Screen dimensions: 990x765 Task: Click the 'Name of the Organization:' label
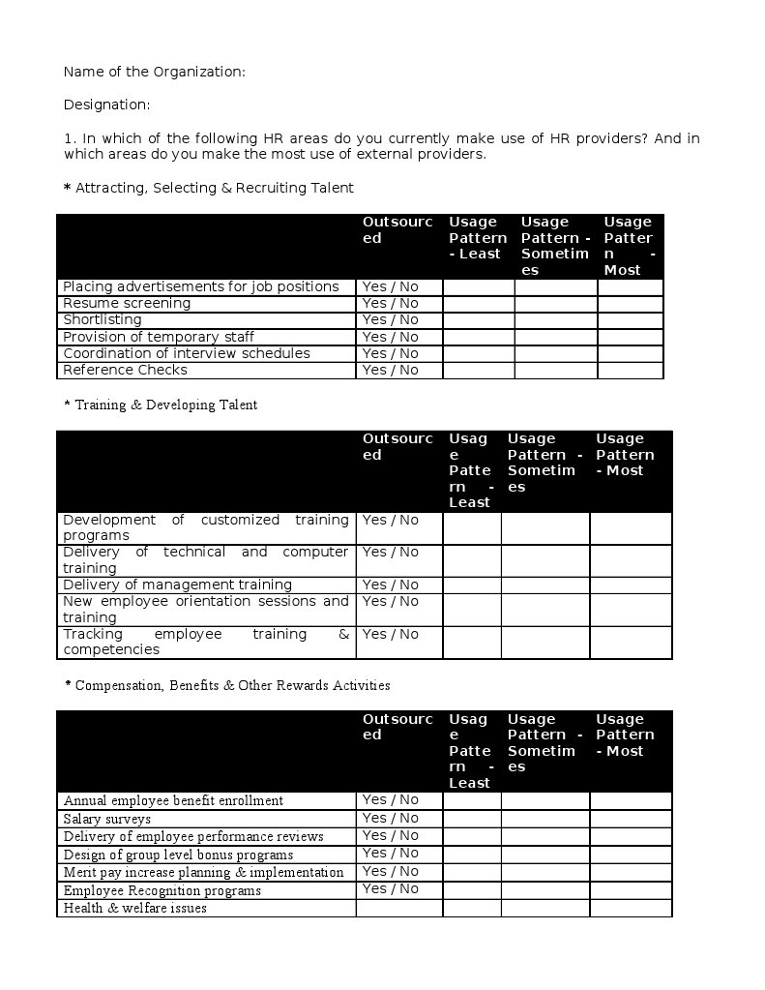tap(154, 72)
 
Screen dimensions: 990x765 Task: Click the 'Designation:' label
tap(106, 105)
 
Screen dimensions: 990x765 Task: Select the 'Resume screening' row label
tap(127, 304)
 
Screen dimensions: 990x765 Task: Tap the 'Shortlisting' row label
tap(103, 320)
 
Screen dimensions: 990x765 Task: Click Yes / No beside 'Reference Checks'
tap(391, 371)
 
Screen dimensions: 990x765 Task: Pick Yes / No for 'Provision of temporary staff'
tap(391, 337)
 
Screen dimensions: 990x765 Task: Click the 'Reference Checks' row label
tap(125, 371)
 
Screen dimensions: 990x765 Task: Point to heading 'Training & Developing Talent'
tap(165, 405)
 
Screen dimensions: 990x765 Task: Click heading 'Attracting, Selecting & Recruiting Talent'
tap(214, 188)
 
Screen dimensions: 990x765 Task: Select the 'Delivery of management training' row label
tap(177, 585)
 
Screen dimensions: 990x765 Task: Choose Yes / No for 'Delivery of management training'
tap(391, 585)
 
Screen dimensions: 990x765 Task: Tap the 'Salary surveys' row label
tap(107, 819)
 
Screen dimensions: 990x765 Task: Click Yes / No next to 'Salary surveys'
tap(391, 818)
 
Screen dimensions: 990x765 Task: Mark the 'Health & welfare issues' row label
tap(135, 909)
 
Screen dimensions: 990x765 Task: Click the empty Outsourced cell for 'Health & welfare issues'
tap(398, 909)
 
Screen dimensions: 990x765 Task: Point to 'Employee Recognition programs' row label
tap(162, 890)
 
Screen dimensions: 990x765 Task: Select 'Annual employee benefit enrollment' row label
tap(173, 801)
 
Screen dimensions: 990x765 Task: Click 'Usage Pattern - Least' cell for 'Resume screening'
tap(479, 304)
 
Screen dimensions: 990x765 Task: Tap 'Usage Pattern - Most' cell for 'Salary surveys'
tap(630, 819)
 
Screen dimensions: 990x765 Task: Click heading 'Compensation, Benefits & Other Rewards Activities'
tap(232, 686)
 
